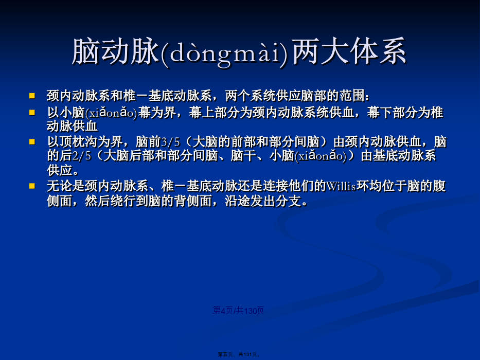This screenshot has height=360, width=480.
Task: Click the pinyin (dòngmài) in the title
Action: pos(224,52)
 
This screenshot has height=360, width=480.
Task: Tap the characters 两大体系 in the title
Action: pos(349,51)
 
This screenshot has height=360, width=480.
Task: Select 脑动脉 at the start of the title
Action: pos(116,51)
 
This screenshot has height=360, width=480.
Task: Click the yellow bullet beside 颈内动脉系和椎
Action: pos(32,96)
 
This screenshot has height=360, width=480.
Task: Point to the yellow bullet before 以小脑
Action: pos(32,112)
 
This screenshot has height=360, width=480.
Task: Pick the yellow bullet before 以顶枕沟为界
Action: pos(32,141)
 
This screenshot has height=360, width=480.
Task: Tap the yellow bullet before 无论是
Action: pos(32,186)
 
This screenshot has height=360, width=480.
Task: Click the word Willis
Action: pos(341,186)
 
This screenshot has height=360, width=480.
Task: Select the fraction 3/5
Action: pos(171,142)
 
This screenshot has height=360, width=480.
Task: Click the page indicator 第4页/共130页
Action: pos(238,311)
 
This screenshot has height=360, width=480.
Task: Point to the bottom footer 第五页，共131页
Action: pos(239,354)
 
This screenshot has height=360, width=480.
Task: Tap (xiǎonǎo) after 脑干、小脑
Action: pos(321,156)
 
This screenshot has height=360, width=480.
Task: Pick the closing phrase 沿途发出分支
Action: pos(263,201)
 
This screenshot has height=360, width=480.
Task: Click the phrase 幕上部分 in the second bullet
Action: pos(214,113)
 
